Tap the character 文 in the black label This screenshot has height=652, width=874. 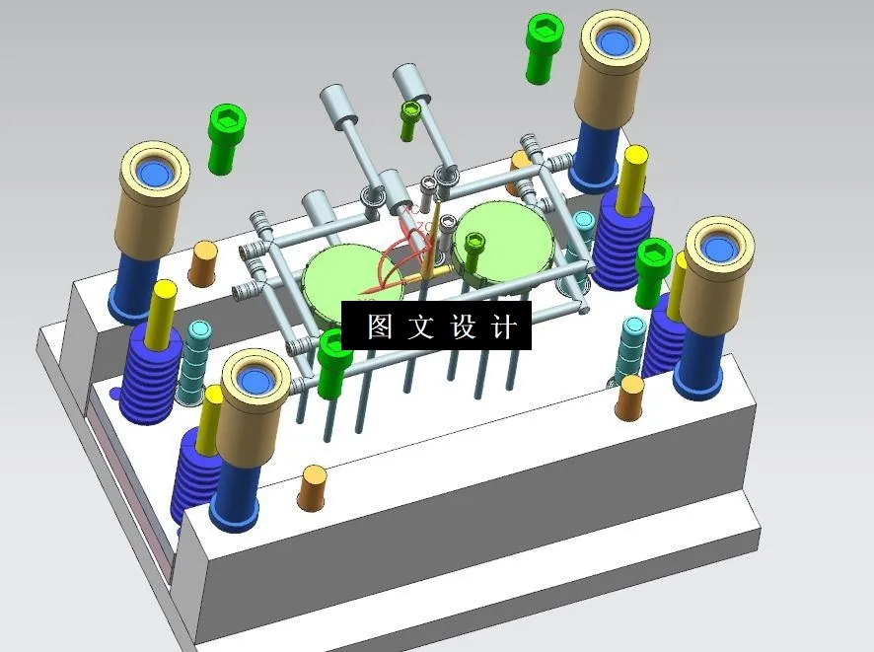coord(422,326)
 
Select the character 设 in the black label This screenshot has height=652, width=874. coord(464,326)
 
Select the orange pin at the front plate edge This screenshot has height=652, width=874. coord(313,487)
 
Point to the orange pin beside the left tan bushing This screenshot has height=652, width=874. coord(203,263)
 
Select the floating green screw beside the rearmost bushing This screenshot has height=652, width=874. coord(542,46)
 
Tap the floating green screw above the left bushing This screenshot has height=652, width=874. coord(225,138)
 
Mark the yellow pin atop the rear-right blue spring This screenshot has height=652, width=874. coord(634,176)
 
